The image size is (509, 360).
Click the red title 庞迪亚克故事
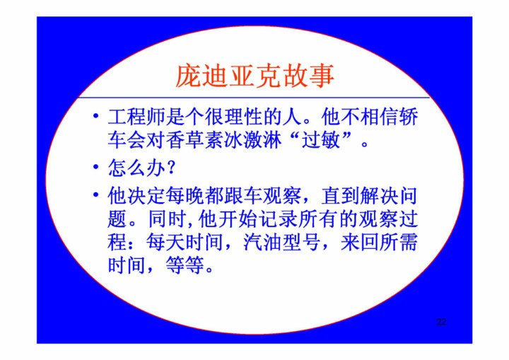(255, 76)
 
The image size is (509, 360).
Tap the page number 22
(441, 322)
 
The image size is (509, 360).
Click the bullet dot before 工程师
(95, 116)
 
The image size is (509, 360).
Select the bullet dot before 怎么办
(95, 167)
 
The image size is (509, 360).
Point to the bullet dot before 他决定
(95, 194)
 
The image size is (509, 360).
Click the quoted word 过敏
(321, 140)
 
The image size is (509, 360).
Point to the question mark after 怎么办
(172, 168)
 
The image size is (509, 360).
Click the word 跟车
(234, 196)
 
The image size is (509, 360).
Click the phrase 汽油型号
(281, 243)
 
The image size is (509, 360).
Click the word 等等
(185, 265)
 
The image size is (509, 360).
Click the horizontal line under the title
(254, 97)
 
